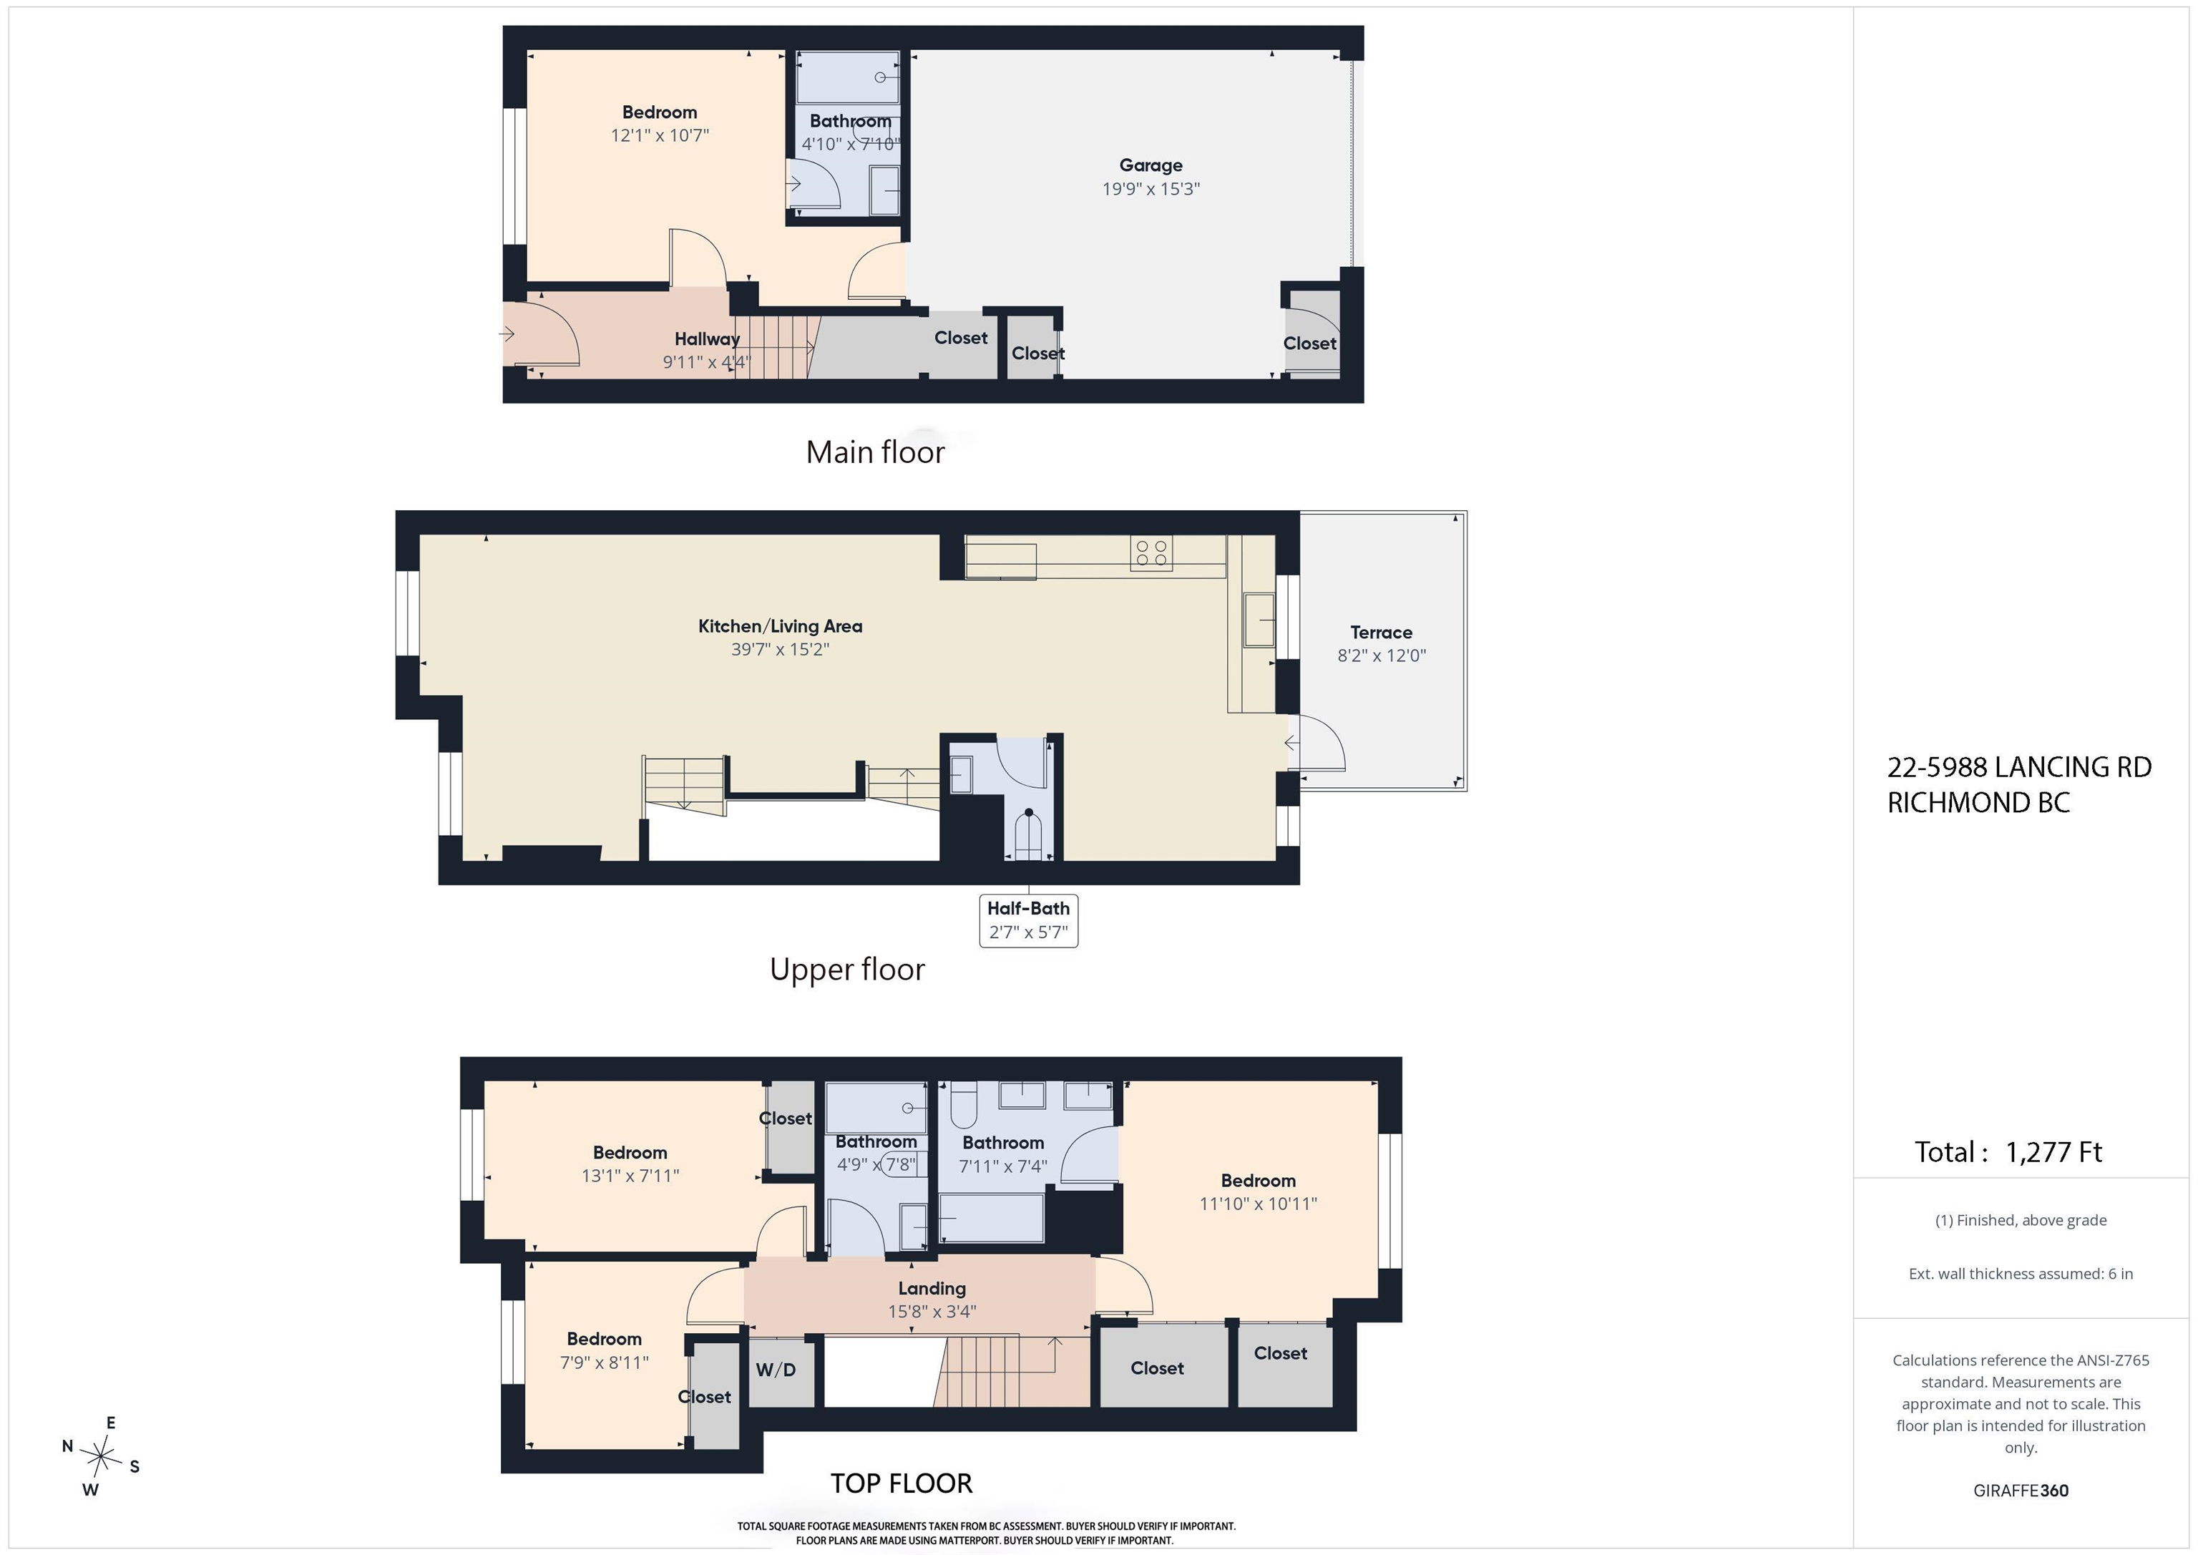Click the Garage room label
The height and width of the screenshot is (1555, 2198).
[x=1151, y=165]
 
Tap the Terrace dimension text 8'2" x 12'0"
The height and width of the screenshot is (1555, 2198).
[x=1382, y=656]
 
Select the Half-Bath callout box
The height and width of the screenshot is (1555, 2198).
[x=1028, y=920]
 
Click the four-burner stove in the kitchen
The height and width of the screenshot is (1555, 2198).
[x=1151, y=552]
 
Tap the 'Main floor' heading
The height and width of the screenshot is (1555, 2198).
[x=875, y=452]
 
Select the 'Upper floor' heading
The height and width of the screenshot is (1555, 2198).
[x=847, y=970]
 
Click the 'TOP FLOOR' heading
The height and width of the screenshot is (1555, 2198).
[x=901, y=1483]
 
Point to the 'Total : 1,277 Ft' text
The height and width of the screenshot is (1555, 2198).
[x=2008, y=1152]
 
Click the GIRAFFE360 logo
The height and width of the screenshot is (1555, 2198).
[x=2020, y=1491]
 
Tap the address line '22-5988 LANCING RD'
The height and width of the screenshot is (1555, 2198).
[x=2019, y=767]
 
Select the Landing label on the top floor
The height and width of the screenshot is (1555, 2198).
[x=932, y=1289]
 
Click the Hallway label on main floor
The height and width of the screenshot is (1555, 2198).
[x=706, y=339]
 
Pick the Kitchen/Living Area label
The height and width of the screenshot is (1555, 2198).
[x=780, y=626]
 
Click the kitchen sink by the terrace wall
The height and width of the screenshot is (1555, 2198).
[x=1259, y=620]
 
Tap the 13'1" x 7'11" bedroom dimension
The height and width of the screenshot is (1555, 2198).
[x=630, y=1176]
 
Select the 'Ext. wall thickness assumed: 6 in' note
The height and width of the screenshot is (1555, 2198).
[x=2020, y=1274]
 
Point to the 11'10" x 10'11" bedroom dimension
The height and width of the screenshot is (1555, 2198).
[x=1258, y=1204]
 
